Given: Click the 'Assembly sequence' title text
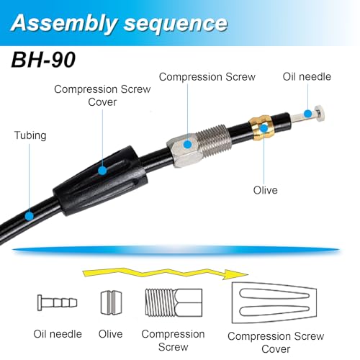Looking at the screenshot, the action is click(x=119, y=23).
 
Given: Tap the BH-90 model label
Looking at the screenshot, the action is click(x=43, y=60).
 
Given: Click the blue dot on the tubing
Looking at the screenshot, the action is click(x=30, y=216).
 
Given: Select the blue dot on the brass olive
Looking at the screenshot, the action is click(x=264, y=128).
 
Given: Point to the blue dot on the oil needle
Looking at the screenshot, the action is click(x=307, y=114).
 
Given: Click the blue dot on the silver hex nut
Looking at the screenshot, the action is click(x=188, y=145).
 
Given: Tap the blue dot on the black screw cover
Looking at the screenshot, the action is click(x=102, y=171).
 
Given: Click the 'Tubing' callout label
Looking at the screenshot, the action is click(x=30, y=135).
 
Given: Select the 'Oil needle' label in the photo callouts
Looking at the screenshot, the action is click(x=307, y=77).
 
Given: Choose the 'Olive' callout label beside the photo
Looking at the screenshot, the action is click(x=266, y=190).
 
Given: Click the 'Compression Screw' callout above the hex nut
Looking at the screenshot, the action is click(x=207, y=77).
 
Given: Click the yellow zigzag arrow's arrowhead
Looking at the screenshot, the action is click(x=235, y=274).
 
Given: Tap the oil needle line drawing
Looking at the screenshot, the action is click(x=57, y=302).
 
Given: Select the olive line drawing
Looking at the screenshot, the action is click(x=111, y=302).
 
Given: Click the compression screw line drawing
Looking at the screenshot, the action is click(x=174, y=302).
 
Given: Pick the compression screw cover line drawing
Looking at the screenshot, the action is click(x=274, y=303).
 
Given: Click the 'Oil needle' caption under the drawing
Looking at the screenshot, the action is click(x=58, y=334).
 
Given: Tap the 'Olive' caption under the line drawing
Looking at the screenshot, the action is click(x=110, y=334).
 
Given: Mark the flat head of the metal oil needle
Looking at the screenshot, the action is click(x=320, y=113).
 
